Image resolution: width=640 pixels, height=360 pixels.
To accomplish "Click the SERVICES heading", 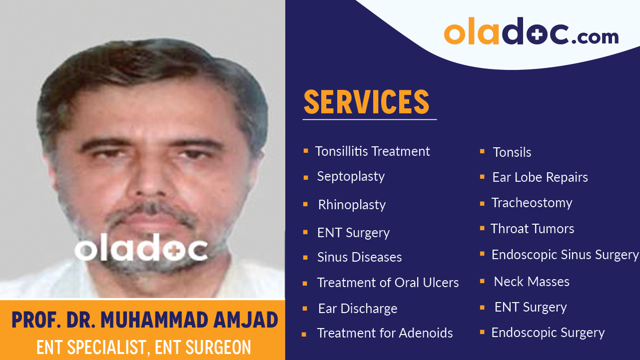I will click(366, 102).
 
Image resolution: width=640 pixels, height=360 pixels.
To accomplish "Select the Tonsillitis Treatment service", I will click(372, 151).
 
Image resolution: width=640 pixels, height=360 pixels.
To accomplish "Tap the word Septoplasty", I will click(351, 177).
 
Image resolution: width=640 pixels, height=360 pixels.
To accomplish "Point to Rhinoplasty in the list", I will click(352, 205).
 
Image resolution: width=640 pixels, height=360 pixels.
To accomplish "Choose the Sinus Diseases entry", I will click(359, 257).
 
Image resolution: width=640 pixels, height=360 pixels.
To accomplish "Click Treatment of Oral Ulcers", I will click(388, 283).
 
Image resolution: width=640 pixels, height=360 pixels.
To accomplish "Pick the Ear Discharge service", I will click(358, 309).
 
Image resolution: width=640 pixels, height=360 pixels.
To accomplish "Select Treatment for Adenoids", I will click(385, 333).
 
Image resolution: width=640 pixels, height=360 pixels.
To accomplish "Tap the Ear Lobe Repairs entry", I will click(540, 177).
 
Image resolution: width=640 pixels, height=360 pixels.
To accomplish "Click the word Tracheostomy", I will click(532, 203).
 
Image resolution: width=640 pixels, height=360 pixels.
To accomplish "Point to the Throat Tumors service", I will click(532, 229).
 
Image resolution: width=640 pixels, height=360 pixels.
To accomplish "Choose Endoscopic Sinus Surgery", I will click(565, 255).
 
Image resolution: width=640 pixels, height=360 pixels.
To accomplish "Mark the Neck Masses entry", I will click(532, 282).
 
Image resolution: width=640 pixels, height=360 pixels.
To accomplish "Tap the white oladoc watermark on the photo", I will click(141, 248).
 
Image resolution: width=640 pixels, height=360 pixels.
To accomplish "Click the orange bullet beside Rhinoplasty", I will click(305, 204).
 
